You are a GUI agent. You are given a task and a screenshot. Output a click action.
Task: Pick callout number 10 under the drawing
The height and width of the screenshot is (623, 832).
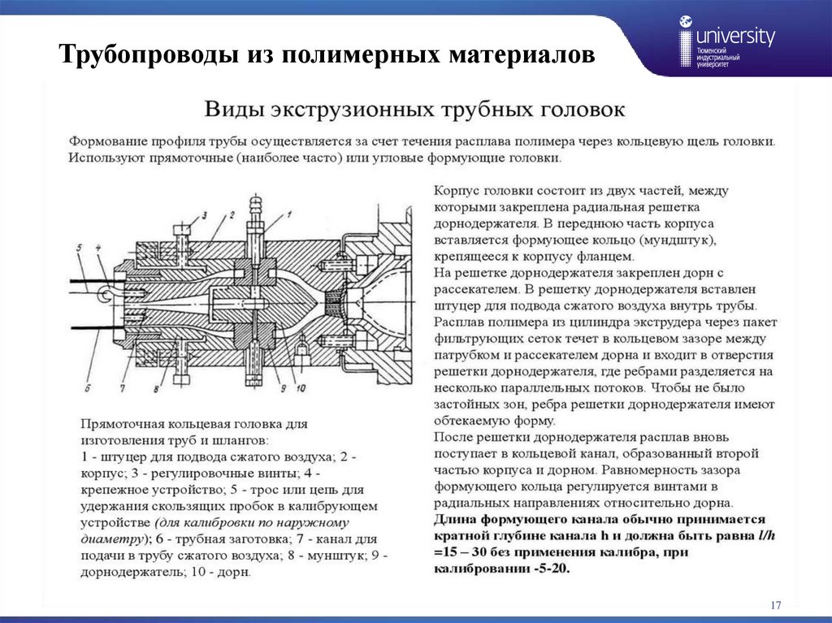pyautogui.click(x=301, y=388)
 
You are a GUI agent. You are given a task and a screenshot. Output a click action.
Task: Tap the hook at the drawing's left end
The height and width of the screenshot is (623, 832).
pyautogui.click(x=105, y=290)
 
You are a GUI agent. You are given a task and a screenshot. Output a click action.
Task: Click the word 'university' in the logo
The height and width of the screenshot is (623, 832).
pyautogui.click(x=736, y=37)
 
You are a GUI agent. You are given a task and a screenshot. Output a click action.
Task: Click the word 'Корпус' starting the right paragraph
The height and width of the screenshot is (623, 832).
pyautogui.click(x=457, y=190)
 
